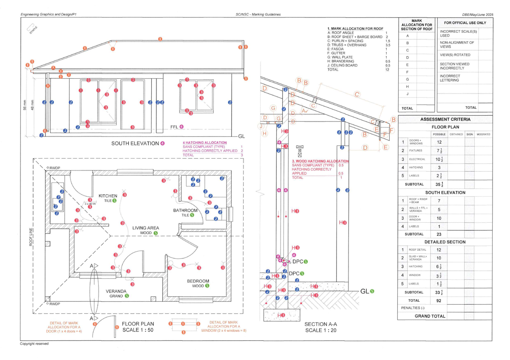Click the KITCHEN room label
click(x=108, y=196)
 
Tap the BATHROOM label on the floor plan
click(x=185, y=210)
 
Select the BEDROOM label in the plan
click(x=198, y=281)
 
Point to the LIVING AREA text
click(x=146, y=228)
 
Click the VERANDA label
click(x=116, y=291)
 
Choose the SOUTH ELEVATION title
click(x=135, y=143)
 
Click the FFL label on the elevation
click(x=174, y=127)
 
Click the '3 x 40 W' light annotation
click(x=91, y=204)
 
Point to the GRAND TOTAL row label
click(x=430, y=316)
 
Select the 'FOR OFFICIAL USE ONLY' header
click(x=465, y=23)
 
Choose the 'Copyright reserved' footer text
click(x=34, y=343)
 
